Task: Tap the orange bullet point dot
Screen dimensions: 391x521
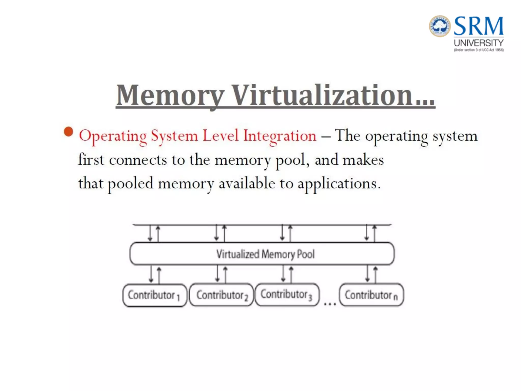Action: click(x=68, y=132)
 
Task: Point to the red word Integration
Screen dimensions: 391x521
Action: click(x=280, y=136)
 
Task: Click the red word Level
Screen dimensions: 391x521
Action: click(x=221, y=135)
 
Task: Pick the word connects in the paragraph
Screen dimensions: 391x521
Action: click(x=138, y=160)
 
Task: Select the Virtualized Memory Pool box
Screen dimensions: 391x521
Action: click(x=262, y=254)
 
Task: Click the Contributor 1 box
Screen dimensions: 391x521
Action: click(x=155, y=295)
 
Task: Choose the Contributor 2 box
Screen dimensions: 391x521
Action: click(x=222, y=295)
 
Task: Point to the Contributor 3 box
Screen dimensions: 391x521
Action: click(x=287, y=295)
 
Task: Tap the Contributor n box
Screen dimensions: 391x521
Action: click(x=371, y=295)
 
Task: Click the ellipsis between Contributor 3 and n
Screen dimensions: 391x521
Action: click(x=330, y=304)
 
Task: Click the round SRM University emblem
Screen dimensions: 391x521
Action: click(x=440, y=26)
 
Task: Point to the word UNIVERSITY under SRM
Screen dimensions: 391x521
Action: click(x=479, y=43)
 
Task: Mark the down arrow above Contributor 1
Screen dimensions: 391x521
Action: click(x=151, y=274)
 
